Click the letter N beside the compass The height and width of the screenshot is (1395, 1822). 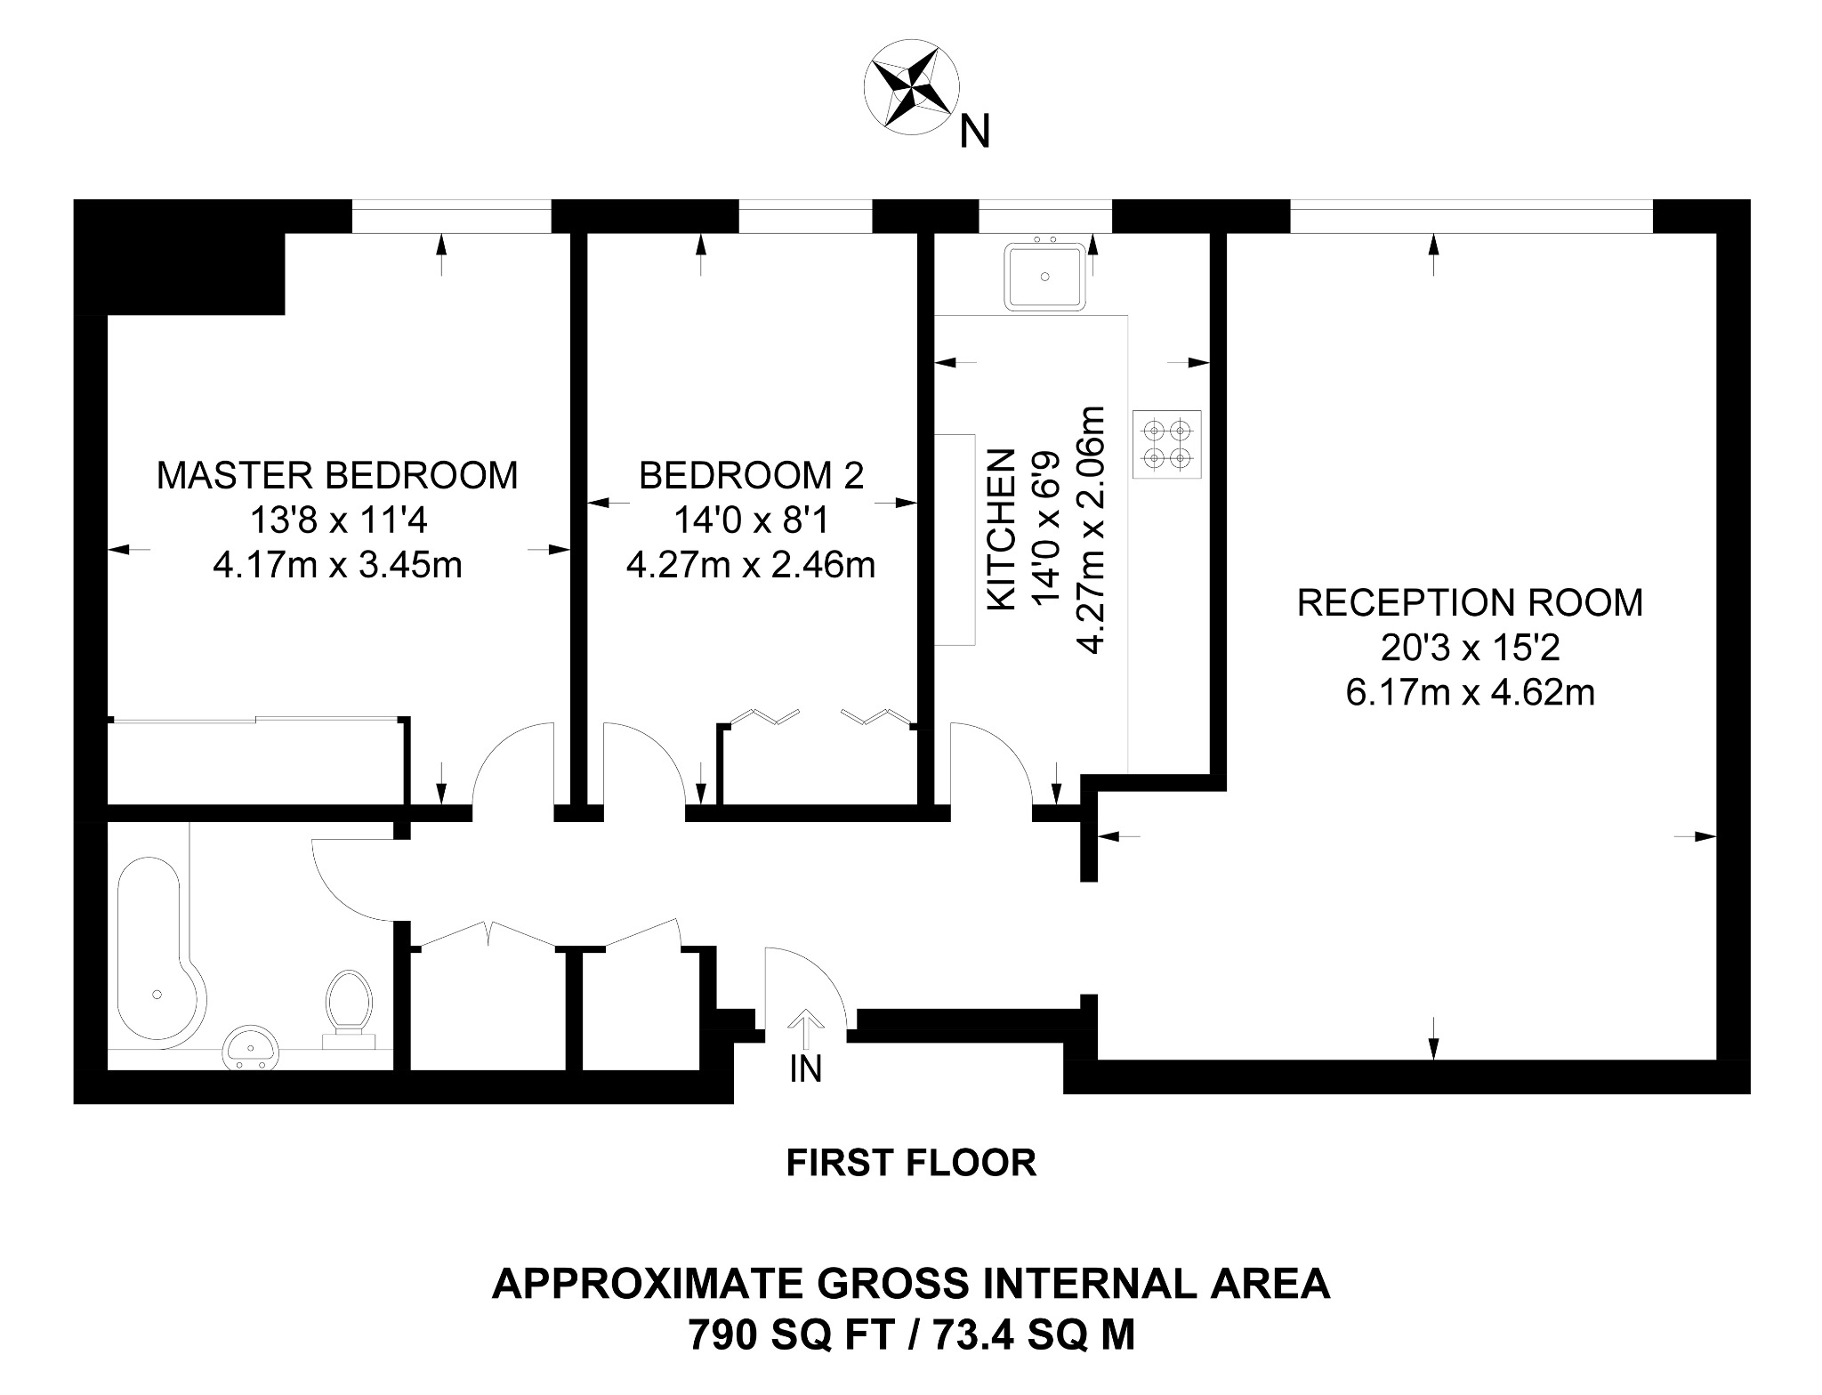point(975,133)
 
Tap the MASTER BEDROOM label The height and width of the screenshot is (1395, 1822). point(337,475)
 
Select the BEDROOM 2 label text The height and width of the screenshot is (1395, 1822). point(751,476)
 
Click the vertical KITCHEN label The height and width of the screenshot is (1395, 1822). point(1003,529)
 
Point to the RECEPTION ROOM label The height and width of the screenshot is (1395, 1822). point(1470,602)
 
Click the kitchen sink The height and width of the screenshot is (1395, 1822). point(1046,277)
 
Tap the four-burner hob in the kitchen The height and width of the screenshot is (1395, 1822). point(1167,445)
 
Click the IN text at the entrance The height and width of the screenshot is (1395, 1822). point(805,1068)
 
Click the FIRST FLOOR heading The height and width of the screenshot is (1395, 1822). point(911,1163)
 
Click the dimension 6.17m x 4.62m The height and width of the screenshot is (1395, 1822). point(1470,691)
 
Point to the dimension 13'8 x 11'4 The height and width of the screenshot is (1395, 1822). point(337,520)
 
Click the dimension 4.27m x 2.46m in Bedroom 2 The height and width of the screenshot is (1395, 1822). point(751,565)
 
